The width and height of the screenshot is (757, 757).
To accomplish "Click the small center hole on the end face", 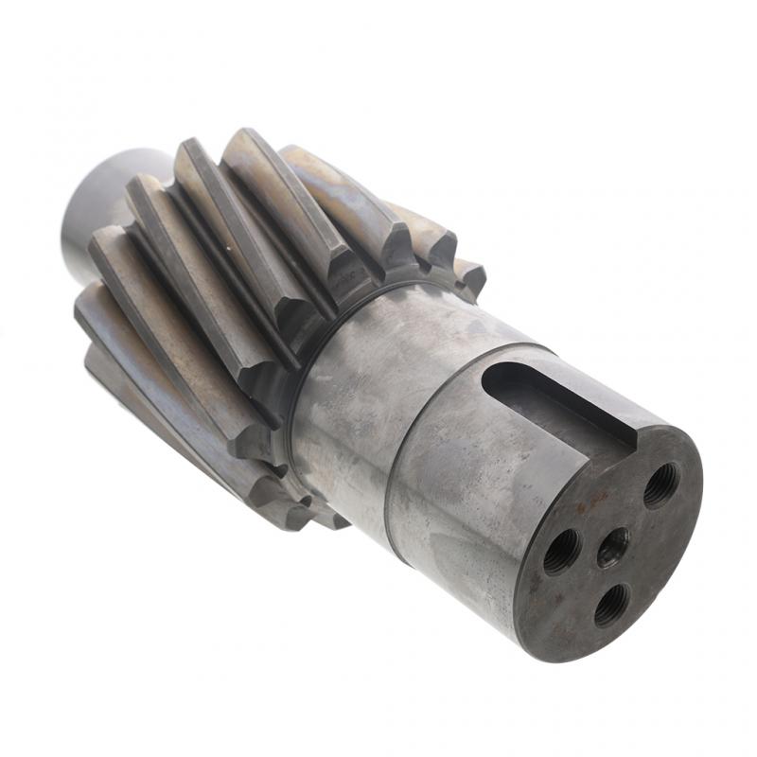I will (x=612, y=546).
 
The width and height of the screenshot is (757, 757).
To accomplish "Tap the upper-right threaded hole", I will (x=660, y=485).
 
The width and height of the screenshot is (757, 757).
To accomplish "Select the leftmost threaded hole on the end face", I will (x=561, y=550).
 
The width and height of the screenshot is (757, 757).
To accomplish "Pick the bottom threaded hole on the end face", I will (x=612, y=604).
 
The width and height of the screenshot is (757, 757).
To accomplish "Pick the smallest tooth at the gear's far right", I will (x=470, y=277).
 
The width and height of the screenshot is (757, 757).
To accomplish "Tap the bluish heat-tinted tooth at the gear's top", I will (x=331, y=189).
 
